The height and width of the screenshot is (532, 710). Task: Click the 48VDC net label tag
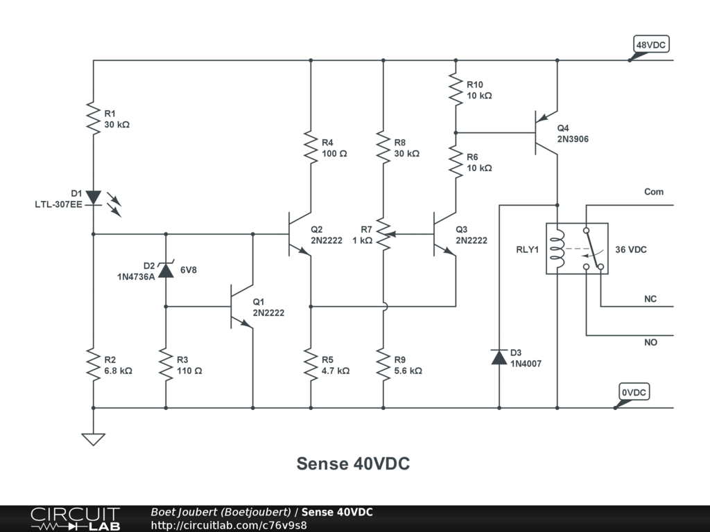point(651,45)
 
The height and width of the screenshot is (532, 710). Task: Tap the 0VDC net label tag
point(634,393)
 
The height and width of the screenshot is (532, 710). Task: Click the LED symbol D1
point(94,198)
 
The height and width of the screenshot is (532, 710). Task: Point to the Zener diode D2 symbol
point(166,269)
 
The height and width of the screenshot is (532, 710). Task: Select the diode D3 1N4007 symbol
point(499,357)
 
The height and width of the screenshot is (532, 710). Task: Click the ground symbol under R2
point(94,438)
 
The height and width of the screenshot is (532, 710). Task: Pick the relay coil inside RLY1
point(557,248)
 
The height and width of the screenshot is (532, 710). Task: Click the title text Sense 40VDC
point(353,464)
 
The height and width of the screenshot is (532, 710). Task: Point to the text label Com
point(654,192)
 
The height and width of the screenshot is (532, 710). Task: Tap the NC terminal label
point(650,299)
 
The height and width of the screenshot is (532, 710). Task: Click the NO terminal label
point(650,342)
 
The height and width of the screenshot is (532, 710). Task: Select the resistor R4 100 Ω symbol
point(311,147)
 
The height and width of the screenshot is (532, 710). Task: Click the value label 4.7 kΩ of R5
point(336,371)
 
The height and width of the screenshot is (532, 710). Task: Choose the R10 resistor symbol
point(456,89)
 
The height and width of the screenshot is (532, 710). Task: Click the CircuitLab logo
point(75,519)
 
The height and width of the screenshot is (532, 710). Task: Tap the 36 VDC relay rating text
point(631,249)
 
